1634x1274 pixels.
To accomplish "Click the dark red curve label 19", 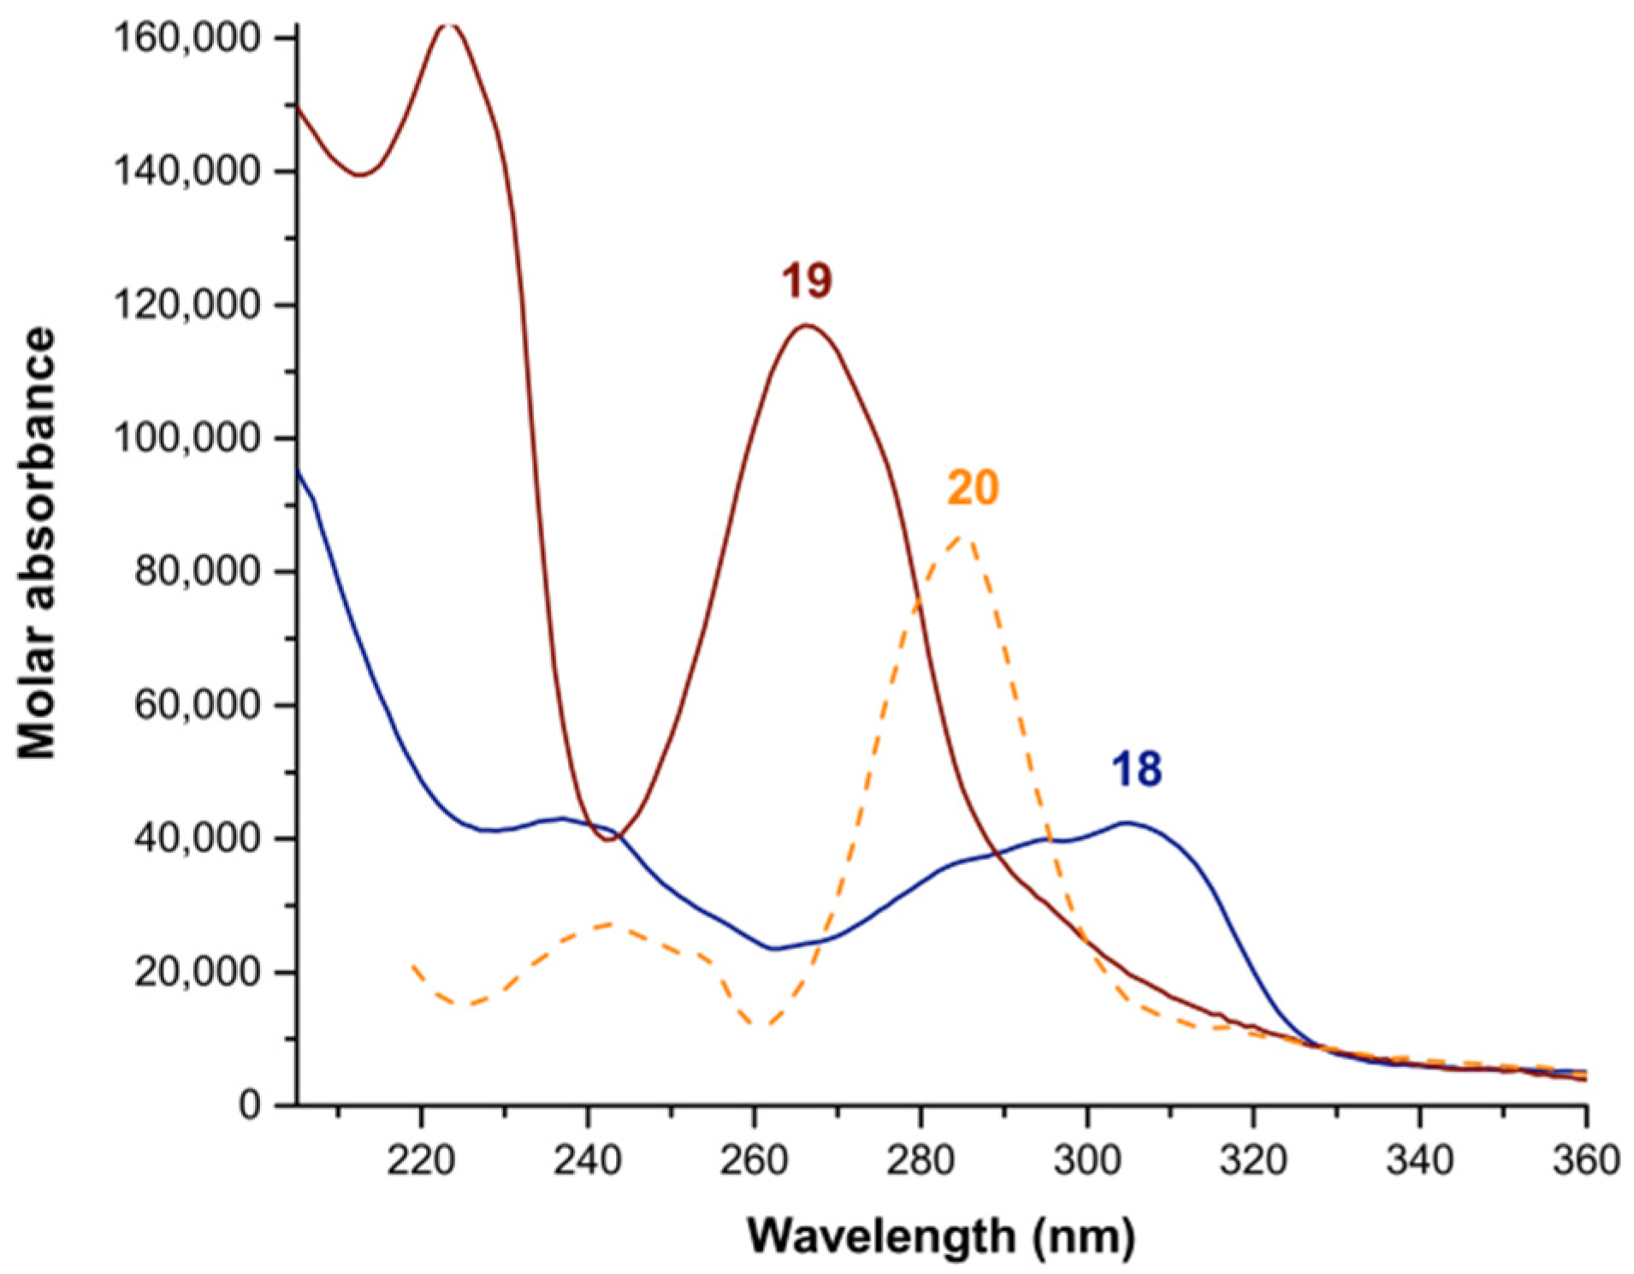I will point(806,281).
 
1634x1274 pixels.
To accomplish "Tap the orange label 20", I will point(973,489).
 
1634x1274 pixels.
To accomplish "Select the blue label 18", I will point(1136,768).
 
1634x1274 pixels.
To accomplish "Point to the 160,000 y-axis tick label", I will point(186,38).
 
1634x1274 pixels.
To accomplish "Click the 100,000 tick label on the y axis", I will point(186,438).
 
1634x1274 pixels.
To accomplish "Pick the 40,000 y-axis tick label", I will point(197,838).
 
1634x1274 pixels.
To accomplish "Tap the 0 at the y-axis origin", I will point(250,1105).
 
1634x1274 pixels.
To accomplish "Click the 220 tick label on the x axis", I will point(420,1161).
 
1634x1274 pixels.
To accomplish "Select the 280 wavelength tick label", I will point(920,1161).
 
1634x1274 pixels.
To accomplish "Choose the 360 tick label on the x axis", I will point(1585,1161).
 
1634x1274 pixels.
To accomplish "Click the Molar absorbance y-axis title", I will point(38,543).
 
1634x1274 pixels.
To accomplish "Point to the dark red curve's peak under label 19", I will point(805,325).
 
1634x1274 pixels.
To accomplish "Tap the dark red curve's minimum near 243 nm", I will point(608,839).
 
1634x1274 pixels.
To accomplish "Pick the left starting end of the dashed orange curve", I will point(413,966).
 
